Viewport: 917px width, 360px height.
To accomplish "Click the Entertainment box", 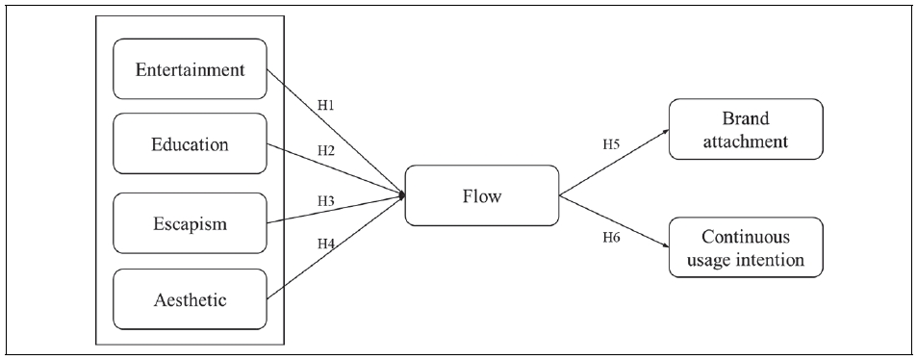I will (x=190, y=69).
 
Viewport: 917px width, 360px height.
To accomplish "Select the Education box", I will (x=190, y=145).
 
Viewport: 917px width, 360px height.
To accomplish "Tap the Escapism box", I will (x=190, y=222).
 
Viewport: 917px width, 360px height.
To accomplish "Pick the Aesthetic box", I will (x=190, y=299).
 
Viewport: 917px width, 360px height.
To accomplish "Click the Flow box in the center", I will (x=481, y=195).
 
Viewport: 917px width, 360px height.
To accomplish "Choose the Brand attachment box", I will (x=748, y=129).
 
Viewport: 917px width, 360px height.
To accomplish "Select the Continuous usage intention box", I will (x=748, y=247).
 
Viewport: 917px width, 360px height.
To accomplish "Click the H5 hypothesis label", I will (x=611, y=144).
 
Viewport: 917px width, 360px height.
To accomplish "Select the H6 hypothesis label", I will (x=611, y=236).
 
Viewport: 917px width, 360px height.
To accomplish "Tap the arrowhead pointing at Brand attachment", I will (x=666, y=133).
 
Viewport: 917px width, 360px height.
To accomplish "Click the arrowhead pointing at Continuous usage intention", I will (x=666, y=247).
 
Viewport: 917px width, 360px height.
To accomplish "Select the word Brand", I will (x=748, y=118).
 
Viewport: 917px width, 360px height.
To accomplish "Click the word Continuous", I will (x=748, y=236).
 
